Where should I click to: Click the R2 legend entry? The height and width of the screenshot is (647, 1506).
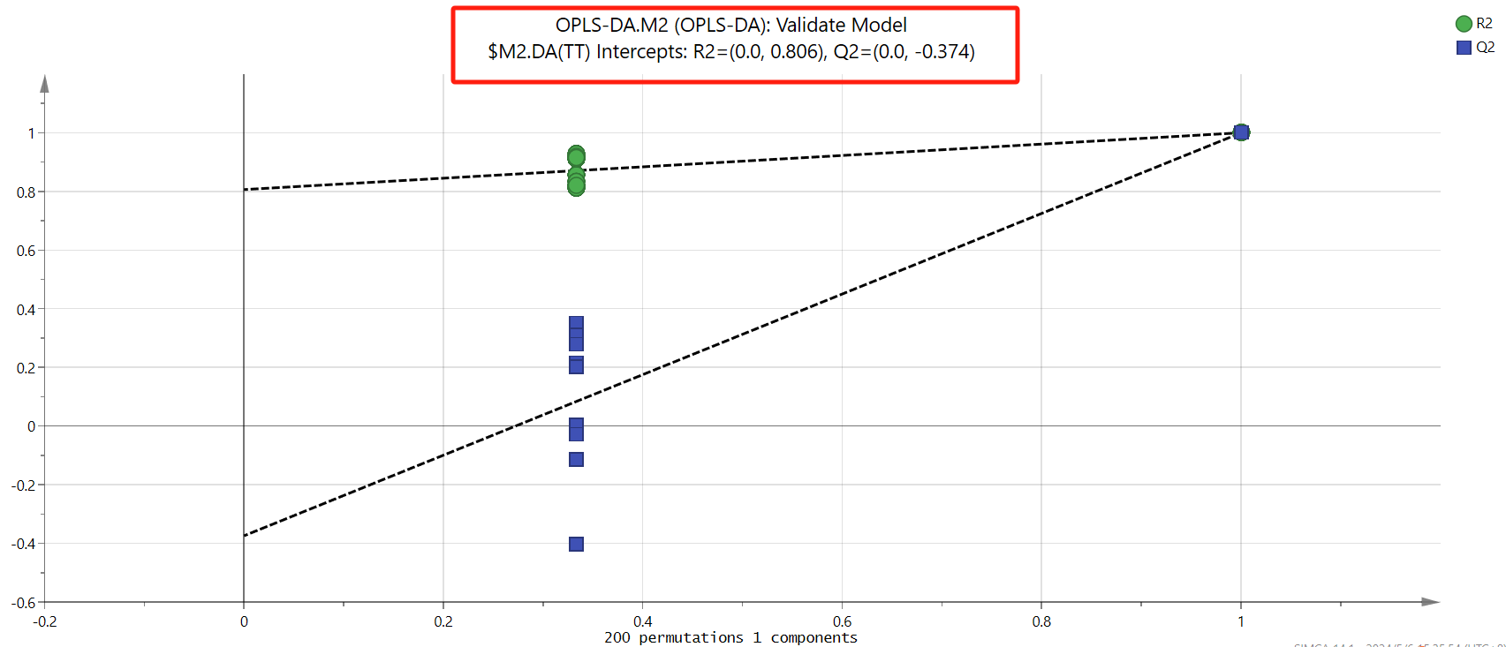(1474, 24)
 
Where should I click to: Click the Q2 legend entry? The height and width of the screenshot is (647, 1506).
(1474, 47)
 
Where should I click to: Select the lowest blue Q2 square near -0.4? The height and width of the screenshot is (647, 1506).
(576, 544)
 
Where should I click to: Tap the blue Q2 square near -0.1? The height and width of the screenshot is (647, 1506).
(576, 459)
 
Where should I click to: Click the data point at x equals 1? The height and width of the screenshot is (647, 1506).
(1241, 132)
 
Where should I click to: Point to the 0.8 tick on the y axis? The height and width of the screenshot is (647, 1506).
(26, 192)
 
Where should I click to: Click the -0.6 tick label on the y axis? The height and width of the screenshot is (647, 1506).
(23, 603)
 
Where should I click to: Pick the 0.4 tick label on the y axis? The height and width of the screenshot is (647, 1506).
(26, 310)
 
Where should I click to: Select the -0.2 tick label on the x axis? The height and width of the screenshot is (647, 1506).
(44, 621)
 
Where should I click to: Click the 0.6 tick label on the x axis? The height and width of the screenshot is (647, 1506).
(842, 621)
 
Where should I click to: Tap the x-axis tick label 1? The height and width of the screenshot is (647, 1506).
(1241, 621)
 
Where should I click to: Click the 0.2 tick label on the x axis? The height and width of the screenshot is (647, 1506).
(443, 621)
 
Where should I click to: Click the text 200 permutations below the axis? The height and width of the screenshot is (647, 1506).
(674, 637)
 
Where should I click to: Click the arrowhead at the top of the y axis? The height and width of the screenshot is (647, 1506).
(44, 83)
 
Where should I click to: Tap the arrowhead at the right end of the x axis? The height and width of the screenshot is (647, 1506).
(1431, 602)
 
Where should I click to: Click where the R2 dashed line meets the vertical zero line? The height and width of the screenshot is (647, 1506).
(244, 189)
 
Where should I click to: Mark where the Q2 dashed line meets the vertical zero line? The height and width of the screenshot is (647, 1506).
(244, 536)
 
